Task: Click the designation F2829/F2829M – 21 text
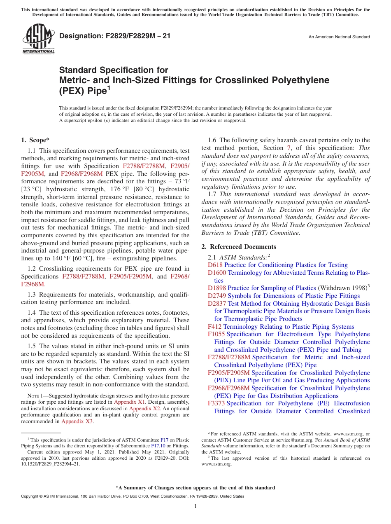click(115, 36)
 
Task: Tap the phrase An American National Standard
click(339, 37)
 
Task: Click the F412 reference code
click(215, 327)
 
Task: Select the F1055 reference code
click(216, 334)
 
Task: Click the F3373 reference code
click(216, 403)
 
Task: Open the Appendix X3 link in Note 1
click(77, 421)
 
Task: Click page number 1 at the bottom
click(195, 506)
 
